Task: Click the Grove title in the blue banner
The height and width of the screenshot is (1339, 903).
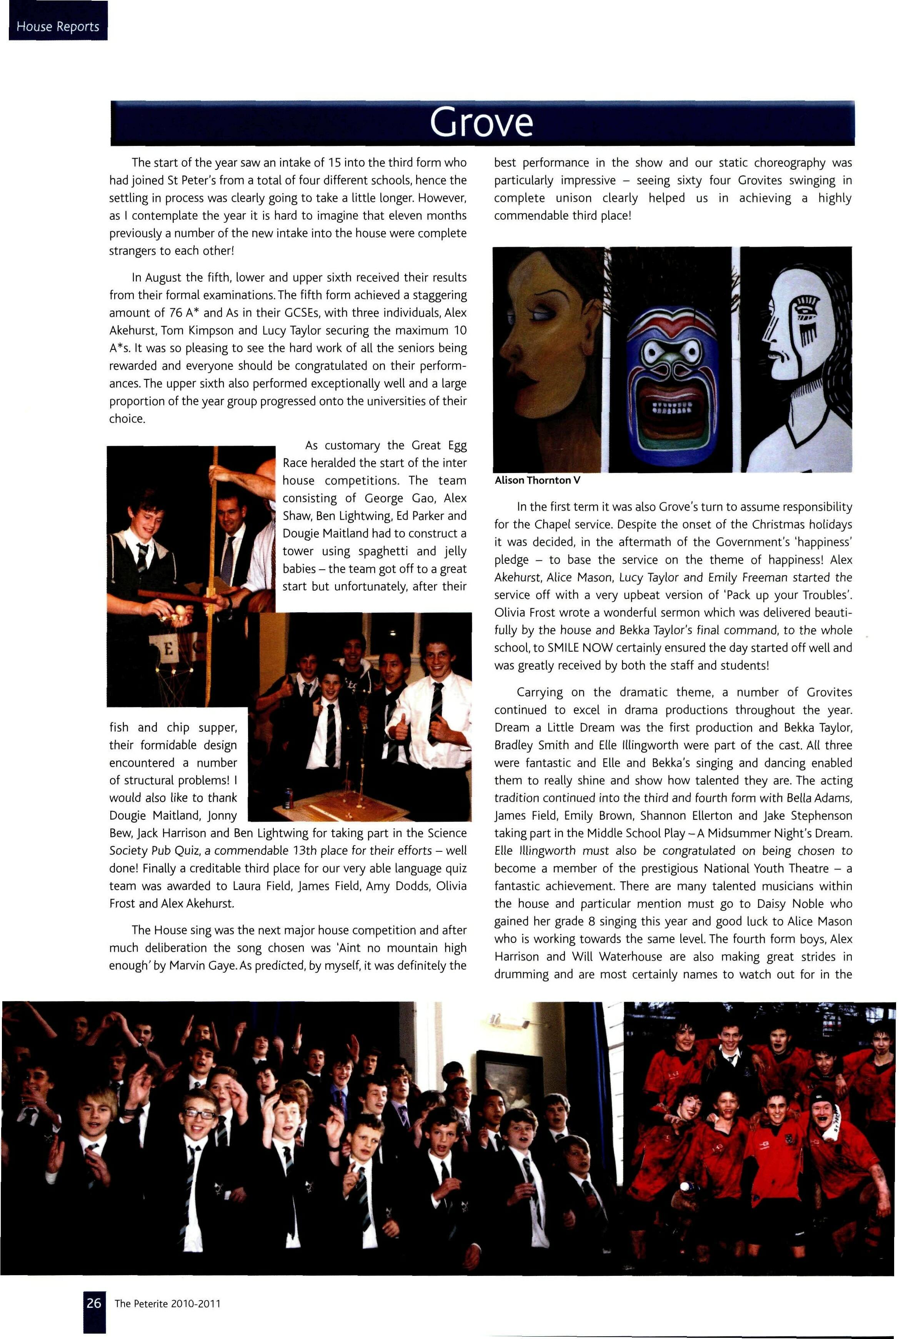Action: coord(481,123)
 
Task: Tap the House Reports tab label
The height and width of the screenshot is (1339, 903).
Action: coord(58,27)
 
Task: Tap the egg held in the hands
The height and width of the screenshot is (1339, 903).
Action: coord(182,607)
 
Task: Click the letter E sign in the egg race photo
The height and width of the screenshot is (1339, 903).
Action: coord(168,649)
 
